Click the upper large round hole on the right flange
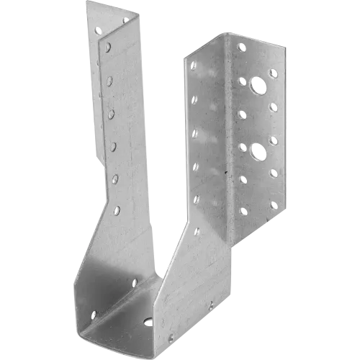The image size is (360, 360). point(256,90)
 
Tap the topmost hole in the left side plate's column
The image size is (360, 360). point(108,48)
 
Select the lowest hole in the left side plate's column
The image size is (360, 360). point(117,211)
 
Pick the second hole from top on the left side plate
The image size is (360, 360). point(109,81)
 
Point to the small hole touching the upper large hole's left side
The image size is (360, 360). point(243,82)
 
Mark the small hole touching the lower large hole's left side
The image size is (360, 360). point(242,146)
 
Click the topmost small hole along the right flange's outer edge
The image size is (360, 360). point(273,73)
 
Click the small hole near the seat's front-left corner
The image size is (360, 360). point(93,315)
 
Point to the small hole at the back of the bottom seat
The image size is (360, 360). point(134,283)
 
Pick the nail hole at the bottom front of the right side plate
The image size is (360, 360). point(171,338)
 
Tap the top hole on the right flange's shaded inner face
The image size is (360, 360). point(193,66)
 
